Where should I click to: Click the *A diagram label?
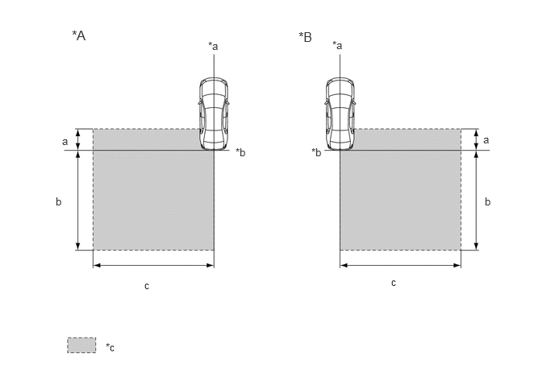pyautogui.click(x=79, y=35)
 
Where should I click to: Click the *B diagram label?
pyautogui.click(x=305, y=37)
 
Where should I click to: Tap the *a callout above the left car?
pyautogui.click(x=213, y=46)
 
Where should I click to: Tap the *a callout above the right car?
pyautogui.click(x=337, y=45)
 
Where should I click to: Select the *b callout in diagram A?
pyautogui.click(x=240, y=152)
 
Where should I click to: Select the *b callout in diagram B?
pyautogui.click(x=316, y=152)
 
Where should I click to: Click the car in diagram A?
pyautogui.click(x=213, y=114)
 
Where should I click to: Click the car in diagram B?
pyautogui.click(x=340, y=114)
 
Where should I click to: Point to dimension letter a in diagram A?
pyautogui.click(x=65, y=142)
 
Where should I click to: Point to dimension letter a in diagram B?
pyautogui.click(x=486, y=140)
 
